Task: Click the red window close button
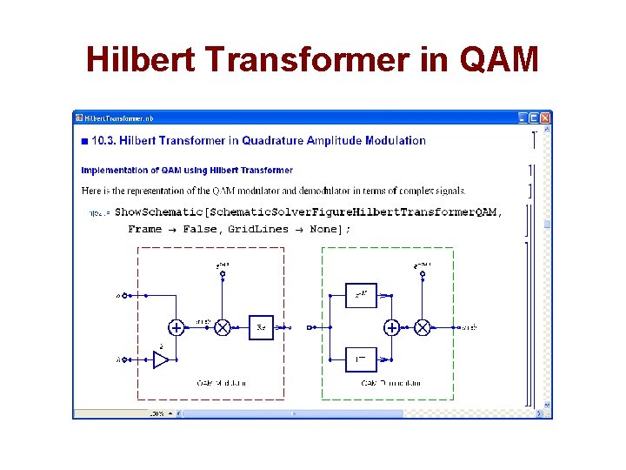tap(545, 117)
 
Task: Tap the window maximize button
tap(534, 117)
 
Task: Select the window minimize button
tap(523, 117)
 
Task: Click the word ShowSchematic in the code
tap(163, 211)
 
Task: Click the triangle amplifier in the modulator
tap(161, 359)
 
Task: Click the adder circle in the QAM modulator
tap(176, 327)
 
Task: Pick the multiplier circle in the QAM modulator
tap(223, 327)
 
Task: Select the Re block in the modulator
tap(261, 327)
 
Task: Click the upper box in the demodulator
tap(361, 295)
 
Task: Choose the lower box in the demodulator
tap(361, 359)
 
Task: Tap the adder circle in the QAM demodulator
tap(392, 327)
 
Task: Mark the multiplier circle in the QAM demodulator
tap(423, 327)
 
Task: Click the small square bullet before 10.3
tap(84, 141)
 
